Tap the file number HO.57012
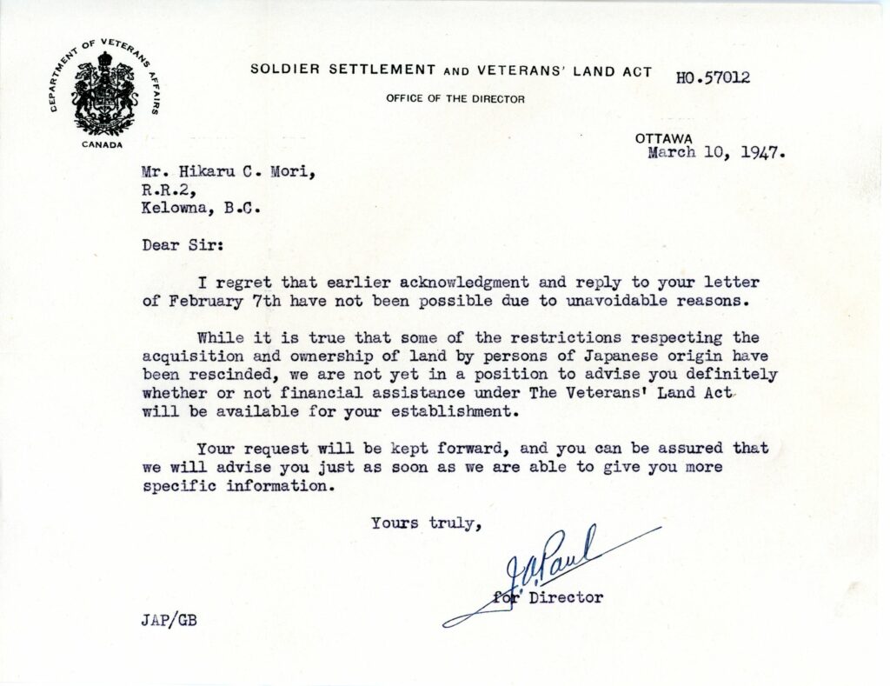(x=713, y=77)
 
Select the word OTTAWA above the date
(x=663, y=138)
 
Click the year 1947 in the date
(x=763, y=153)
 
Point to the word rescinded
(x=222, y=374)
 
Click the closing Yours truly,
(x=426, y=523)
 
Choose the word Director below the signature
(x=572, y=597)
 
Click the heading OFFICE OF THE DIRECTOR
(x=455, y=99)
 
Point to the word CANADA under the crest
(x=103, y=144)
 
